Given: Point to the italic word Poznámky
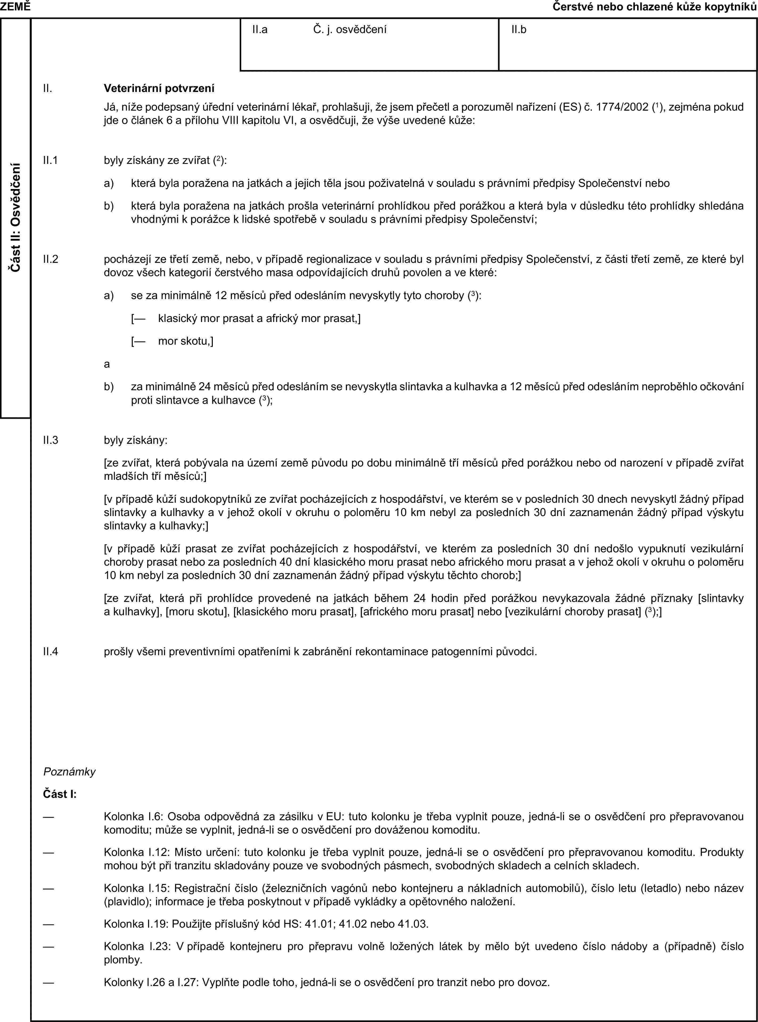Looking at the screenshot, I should (69, 771).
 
